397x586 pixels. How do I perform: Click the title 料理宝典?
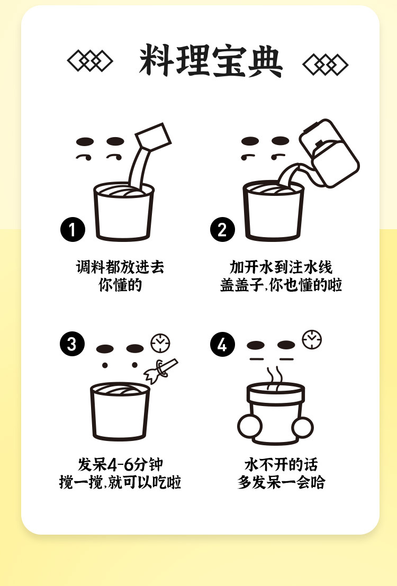coord(211,61)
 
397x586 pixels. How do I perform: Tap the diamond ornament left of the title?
coord(90,61)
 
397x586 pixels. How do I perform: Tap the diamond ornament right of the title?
coord(325,65)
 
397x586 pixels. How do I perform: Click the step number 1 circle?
coord(73,229)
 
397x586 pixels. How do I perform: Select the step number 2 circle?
coord(222,229)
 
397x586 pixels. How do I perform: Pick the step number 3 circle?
coord(72,344)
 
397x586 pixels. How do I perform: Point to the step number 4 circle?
coord(222,344)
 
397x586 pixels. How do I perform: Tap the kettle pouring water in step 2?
coord(329,153)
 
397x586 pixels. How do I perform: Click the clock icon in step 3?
coord(160,342)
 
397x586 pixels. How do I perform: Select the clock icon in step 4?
coord(312,340)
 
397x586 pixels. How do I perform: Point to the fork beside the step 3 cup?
coord(161,371)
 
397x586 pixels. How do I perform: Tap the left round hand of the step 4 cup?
coord(250,427)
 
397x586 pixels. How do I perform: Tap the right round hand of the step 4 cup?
coord(303,428)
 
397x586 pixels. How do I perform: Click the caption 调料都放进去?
coord(120,267)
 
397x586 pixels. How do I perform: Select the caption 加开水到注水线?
coord(281,267)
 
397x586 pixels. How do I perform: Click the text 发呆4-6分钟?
coord(120,465)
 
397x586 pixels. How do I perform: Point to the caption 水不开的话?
coord(281,465)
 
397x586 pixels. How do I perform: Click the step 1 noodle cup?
coord(124,211)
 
